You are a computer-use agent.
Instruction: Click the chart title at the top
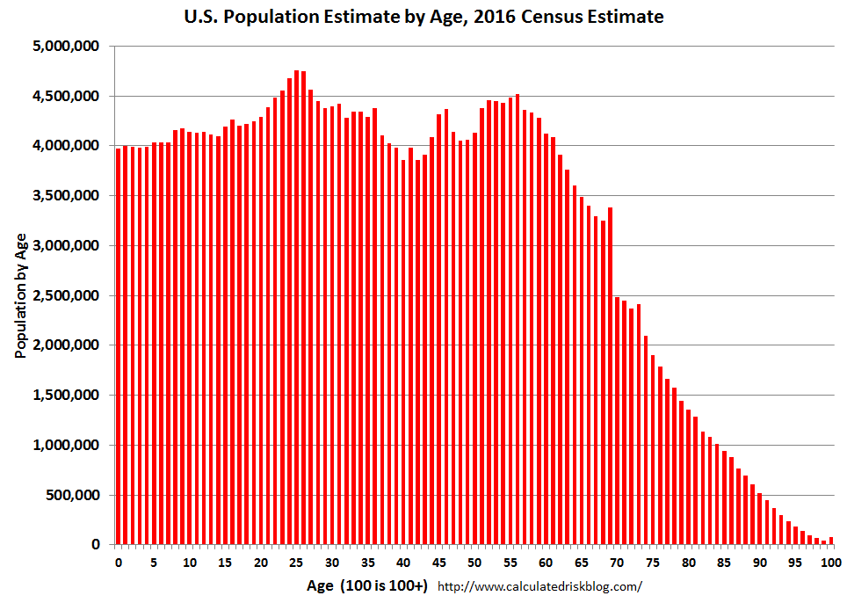[424, 16]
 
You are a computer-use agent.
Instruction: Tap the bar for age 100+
[831, 541]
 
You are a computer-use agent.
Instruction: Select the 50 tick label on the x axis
[474, 562]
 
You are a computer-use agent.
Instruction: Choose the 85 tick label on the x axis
[724, 562]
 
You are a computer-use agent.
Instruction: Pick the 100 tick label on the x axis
[830, 562]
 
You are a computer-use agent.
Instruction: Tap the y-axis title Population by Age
[20, 295]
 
